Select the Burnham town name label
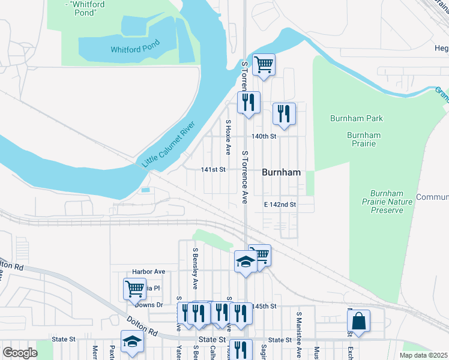tap(281, 172)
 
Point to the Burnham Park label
tap(357, 118)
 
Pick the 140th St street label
tap(264, 136)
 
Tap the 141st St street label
tap(213, 170)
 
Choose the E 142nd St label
tap(280, 205)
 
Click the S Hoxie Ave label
tap(228, 136)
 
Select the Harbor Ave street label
tap(148, 271)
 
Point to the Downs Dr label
tap(149, 305)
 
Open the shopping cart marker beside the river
tap(264, 64)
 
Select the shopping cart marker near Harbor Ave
tap(135, 289)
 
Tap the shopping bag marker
tap(358, 320)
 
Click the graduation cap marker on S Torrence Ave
tap(245, 261)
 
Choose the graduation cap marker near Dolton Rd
tap(132, 341)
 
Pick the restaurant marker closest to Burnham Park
tap(284, 113)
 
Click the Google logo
tap(20, 353)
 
